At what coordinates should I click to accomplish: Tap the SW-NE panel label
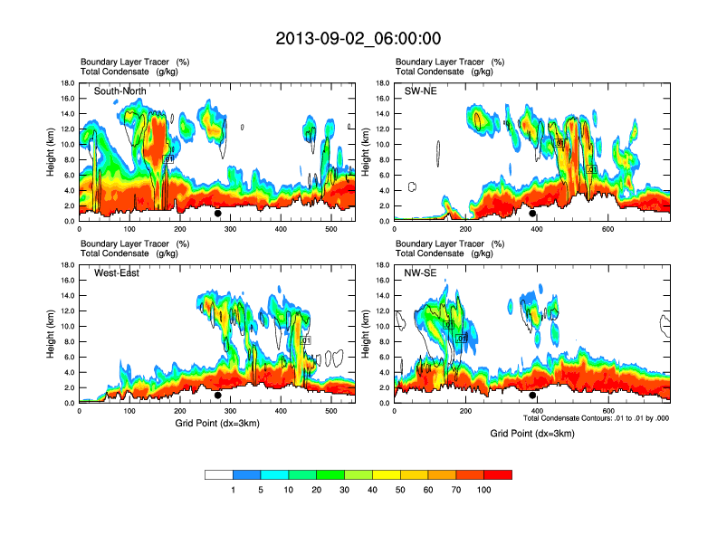[420, 91]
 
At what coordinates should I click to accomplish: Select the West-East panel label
[116, 273]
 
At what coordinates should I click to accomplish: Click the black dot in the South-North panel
[218, 214]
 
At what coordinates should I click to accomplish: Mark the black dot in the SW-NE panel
[532, 214]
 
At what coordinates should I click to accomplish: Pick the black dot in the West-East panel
[218, 396]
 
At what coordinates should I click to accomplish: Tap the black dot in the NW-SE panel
[532, 396]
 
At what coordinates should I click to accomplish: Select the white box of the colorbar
[219, 474]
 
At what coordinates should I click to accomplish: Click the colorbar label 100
[484, 490]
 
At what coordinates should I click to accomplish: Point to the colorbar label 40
[372, 490]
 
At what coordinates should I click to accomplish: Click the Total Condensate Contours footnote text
[596, 417]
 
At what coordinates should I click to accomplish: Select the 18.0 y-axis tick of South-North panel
[67, 83]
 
